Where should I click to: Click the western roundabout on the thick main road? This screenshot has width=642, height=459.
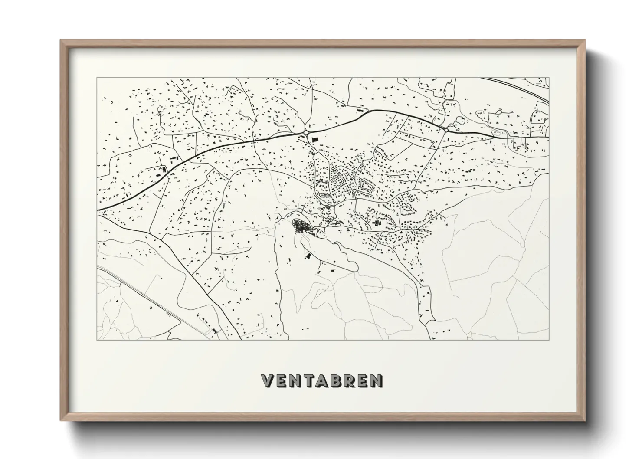click(x=306, y=132)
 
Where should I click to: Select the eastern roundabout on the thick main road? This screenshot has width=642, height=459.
click(x=446, y=129)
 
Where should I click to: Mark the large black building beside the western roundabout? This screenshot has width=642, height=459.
click(x=314, y=139)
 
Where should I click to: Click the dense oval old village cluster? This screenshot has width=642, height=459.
click(x=299, y=225)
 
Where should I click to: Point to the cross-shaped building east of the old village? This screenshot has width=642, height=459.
click(x=376, y=223)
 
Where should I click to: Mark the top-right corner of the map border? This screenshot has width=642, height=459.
click(x=549, y=78)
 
